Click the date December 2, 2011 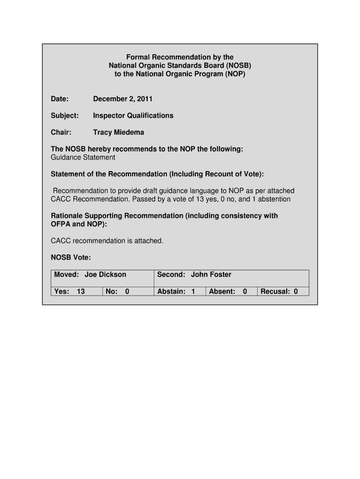[x=122, y=99]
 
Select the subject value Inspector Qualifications [x=133, y=116]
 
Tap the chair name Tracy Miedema [x=118, y=132]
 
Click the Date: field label [x=60, y=99]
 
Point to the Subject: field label [x=65, y=116]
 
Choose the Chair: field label [x=61, y=132]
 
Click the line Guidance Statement [x=83, y=157]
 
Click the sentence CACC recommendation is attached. [x=107, y=240]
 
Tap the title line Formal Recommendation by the [x=180, y=58]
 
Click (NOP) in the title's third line [x=235, y=74]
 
